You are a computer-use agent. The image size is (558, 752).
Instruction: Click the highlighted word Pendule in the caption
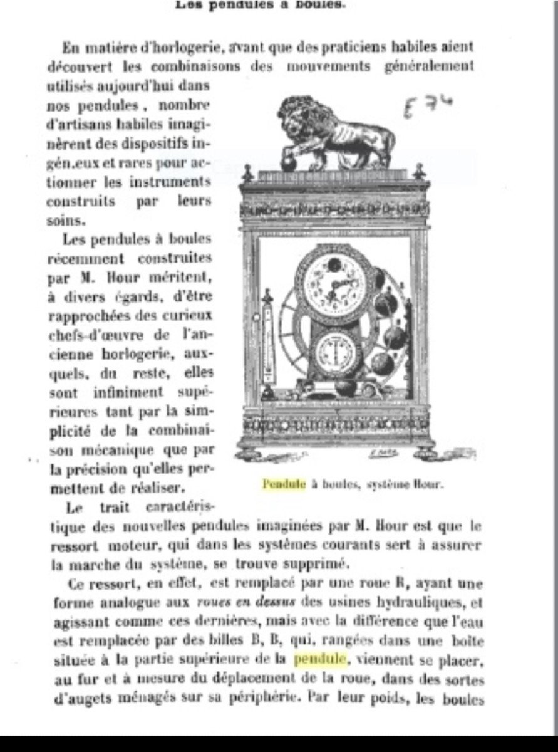[x=284, y=484]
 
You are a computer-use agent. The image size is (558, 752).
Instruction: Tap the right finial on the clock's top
[x=419, y=171]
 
